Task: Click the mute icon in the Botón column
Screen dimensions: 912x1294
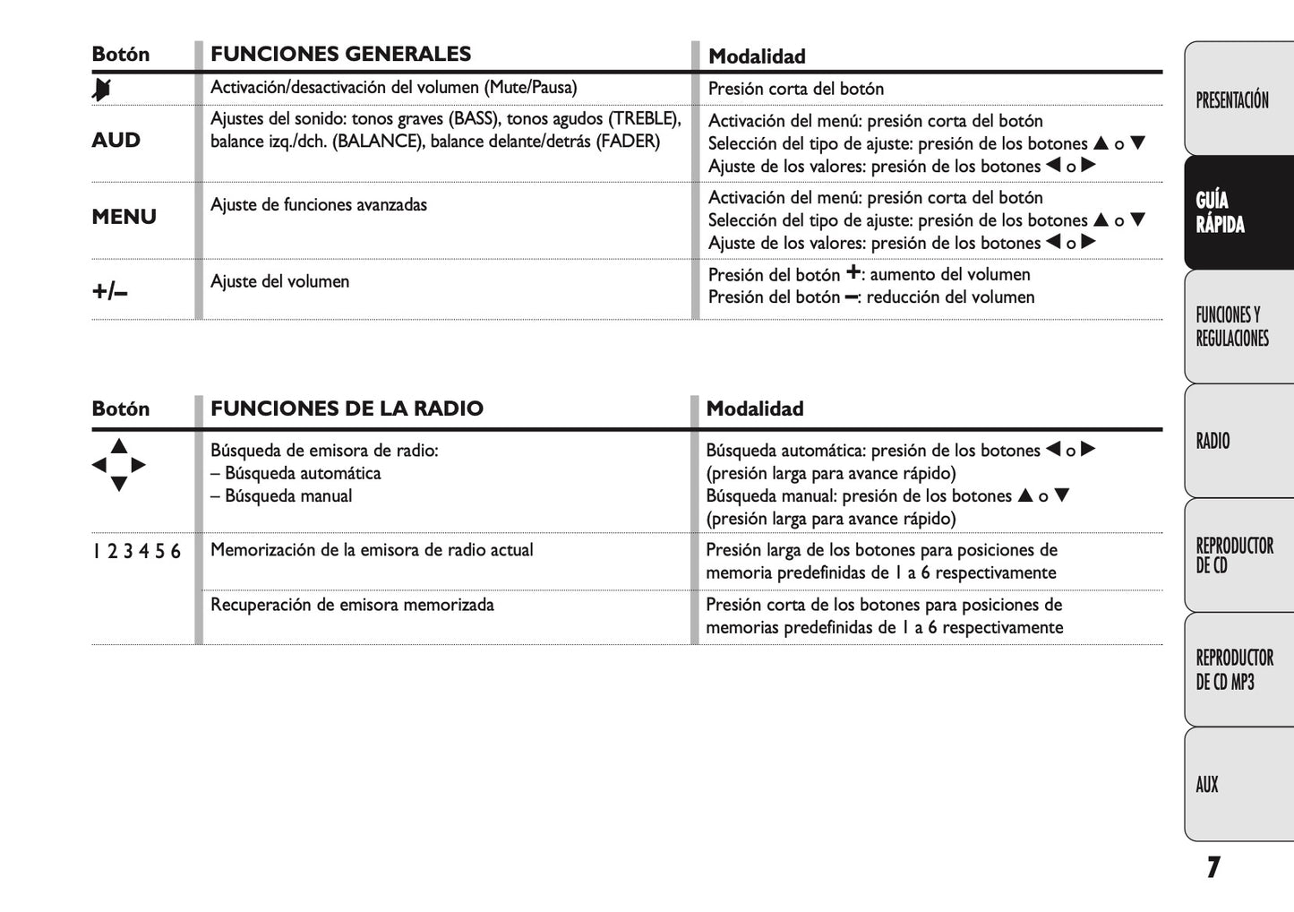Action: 102,89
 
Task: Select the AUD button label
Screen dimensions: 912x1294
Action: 116,140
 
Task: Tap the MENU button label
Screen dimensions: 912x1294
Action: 124,217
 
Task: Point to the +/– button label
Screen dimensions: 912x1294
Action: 110,290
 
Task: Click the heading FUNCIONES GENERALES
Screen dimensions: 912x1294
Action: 340,54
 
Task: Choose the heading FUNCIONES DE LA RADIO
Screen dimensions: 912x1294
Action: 347,409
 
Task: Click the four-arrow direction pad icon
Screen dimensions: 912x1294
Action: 118,465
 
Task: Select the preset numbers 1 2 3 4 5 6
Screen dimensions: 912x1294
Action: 136,551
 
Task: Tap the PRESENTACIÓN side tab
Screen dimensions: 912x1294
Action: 1232,99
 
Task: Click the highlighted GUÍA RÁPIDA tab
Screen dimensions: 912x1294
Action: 1220,212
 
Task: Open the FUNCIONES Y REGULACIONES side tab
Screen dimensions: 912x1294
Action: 1232,326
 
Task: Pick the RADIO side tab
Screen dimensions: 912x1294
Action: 1213,441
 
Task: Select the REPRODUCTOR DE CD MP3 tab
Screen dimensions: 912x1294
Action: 1234,669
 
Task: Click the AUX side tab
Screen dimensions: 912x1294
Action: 1207,785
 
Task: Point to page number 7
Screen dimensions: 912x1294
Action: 1213,867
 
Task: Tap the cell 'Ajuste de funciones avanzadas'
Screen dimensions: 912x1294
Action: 319,204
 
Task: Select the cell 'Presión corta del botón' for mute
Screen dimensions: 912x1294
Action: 795,89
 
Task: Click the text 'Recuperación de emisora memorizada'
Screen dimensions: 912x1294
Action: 352,605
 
